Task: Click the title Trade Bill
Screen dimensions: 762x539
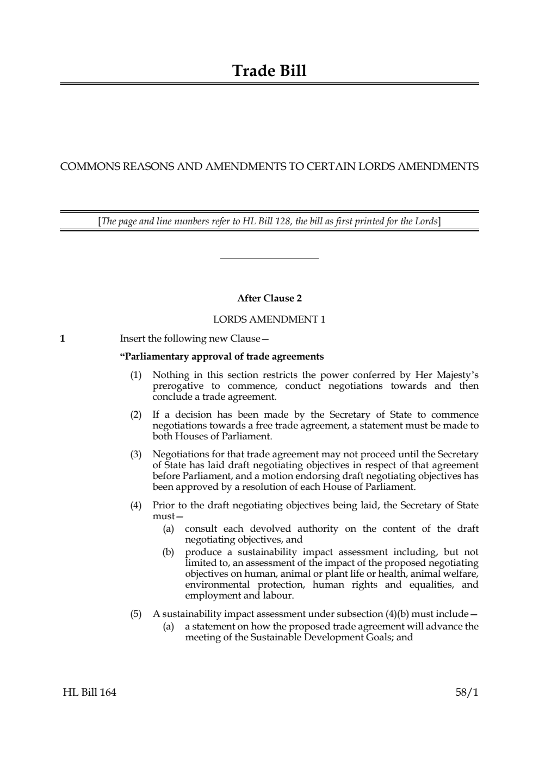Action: click(269, 71)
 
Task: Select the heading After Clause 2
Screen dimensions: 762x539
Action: click(269, 298)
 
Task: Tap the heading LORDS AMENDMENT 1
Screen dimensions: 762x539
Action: click(269, 319)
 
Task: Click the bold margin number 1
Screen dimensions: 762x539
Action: click(63, 339)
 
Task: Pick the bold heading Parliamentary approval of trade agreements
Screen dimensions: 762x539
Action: click(221, 357)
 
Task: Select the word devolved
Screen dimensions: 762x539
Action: click(270, 529)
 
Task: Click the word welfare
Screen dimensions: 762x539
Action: click(461, 574)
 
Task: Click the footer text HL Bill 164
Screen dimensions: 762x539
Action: click(89, 692)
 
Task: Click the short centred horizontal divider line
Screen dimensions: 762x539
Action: click(269, 259)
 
